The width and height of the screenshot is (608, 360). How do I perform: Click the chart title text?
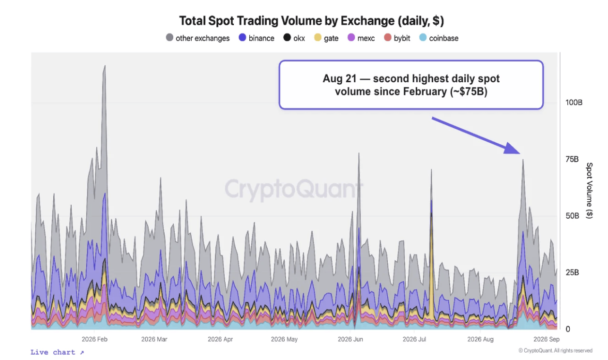pos(311,21)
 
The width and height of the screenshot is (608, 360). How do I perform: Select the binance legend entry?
pos(257,38)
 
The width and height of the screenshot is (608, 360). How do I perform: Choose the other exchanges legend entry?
pos(198,38)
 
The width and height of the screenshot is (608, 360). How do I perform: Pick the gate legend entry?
pos(326,38)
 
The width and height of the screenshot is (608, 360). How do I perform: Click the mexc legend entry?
pos(361,38)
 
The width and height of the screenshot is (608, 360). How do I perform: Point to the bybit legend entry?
pos(397,38)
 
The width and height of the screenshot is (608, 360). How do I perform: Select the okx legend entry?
pos(294,38)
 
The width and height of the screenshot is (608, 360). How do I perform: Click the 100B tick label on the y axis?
pos(574,103)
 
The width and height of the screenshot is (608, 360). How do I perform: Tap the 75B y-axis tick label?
pos(572,159)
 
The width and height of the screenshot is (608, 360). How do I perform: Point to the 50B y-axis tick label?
pos(572,216)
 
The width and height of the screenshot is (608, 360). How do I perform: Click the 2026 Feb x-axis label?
pos(94,339)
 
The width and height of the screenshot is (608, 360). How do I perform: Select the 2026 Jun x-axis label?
pos(350,339)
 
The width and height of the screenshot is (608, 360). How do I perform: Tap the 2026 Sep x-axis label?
pos(547,339)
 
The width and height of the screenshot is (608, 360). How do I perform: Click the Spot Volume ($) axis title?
pos(589,191)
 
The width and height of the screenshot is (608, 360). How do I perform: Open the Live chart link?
pos(57,352)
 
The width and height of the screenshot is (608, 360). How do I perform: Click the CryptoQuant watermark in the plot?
pos(294,189)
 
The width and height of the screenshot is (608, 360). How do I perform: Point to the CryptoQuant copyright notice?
pos(555,350)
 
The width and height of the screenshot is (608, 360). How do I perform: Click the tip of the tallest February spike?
pos(105,65)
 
